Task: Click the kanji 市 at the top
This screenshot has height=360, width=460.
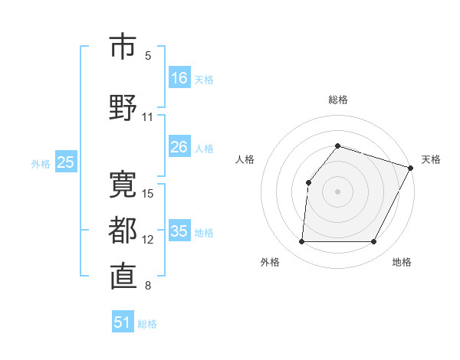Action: click(123, 47)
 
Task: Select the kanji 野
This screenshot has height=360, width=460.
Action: click(123, 106)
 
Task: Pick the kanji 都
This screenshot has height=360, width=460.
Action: click(123, 229)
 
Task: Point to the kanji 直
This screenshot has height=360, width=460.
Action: click(123, 277)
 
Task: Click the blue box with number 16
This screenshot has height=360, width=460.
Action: click(179, 78)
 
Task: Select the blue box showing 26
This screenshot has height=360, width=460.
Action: click(179, 147)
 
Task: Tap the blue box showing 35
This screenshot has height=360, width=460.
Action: click(179, 232)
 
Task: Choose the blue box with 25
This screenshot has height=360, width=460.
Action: click(65, 162)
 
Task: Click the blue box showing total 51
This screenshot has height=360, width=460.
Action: click(123, 323)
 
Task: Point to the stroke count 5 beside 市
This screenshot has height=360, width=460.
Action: click(148, 55)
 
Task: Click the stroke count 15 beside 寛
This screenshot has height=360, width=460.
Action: click(149, 193)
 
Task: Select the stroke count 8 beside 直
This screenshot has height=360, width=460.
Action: click(148, 286)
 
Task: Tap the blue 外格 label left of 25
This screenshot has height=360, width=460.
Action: click(41, 163)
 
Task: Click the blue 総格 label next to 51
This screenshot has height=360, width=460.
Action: click(147, 324)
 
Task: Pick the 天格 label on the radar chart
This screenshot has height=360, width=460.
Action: click(431, 159)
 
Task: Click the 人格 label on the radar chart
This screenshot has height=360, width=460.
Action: click(245, 159)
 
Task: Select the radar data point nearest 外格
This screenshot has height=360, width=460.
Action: click(301, 242)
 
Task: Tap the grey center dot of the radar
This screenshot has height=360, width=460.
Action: click(337, 191)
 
